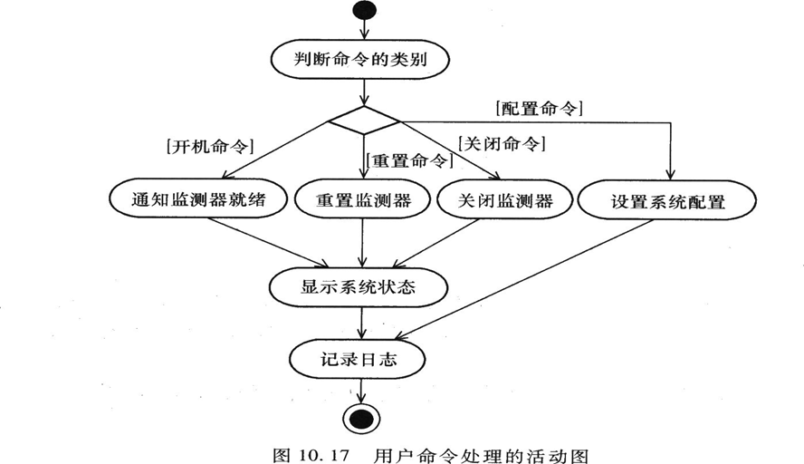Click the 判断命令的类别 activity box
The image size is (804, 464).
pyautogui.click(x=362, y=62)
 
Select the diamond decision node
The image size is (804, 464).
pyautogui.click(x=363, y=120)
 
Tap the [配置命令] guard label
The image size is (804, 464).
pyautogui.click(x=540, y=107)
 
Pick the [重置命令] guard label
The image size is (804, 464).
pyautogui.click(x=408, y=161)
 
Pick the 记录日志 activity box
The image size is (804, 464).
pyautogui.click(x=362, y=359)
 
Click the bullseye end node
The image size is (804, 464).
pyautogui.click(x=363, y=420)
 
